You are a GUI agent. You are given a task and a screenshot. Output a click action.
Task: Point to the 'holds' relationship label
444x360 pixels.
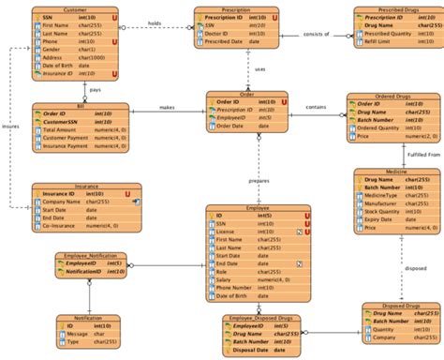pos(155,22)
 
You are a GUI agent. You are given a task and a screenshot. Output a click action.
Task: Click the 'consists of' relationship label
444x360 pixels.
pos(317,34)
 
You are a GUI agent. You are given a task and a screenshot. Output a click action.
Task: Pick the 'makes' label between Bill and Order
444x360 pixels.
pos(167,108)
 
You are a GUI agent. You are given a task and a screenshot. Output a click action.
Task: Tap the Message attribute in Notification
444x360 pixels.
pos(77,334)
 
